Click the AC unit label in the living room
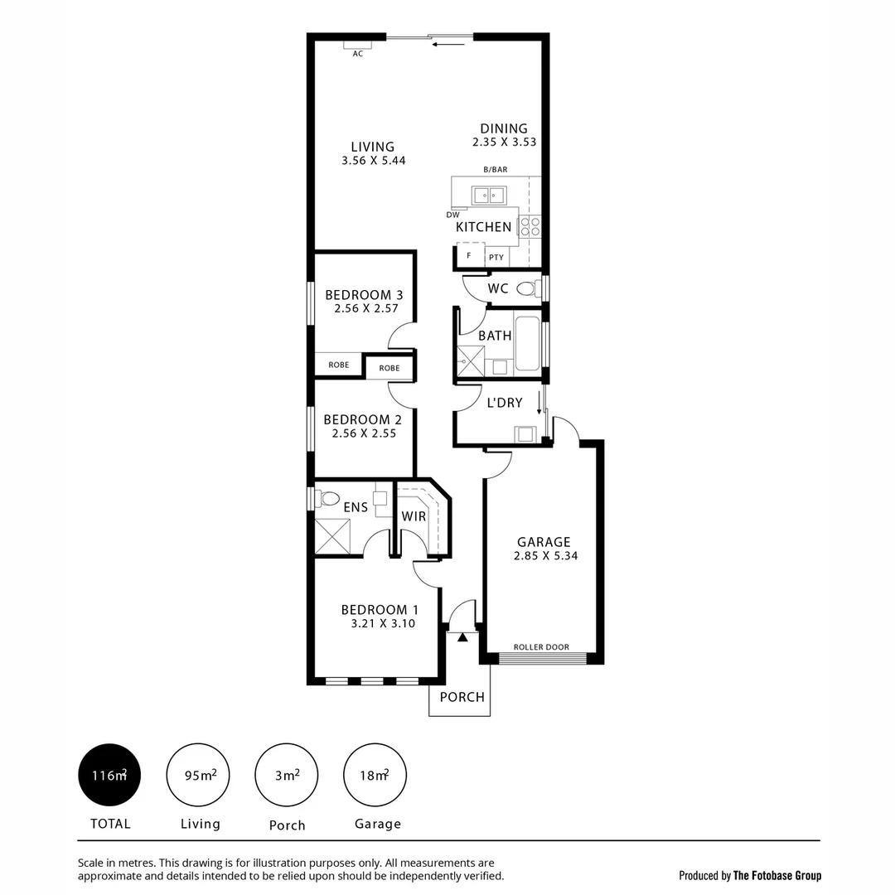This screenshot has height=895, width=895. (x=358, y=54)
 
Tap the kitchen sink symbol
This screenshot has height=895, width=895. (x=489, y=196)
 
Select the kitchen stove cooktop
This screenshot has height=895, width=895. (x=530, y=226)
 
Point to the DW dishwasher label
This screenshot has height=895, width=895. (x=452, y=215)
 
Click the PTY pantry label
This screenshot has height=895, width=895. (x=496, y=257)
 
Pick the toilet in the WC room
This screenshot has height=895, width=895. (x=526, y=289)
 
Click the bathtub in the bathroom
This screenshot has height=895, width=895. (x=527, y=343)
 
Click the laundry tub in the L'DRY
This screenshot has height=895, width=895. (x=524, y=433)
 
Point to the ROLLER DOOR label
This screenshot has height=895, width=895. (x=541, y=647)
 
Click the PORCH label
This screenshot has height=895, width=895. (x=462, y=697)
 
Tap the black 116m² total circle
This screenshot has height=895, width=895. (x=109, y=776)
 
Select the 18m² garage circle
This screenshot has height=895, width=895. (x=375, y=776)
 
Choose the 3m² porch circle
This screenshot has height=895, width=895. (x=287, y=776)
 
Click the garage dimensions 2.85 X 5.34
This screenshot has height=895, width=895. (x=544, y=556)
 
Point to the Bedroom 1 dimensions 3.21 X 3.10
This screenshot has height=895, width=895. (x=375, y=624)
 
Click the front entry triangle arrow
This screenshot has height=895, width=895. (x=462, y=636)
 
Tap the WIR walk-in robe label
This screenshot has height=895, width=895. (x=414, y=516)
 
